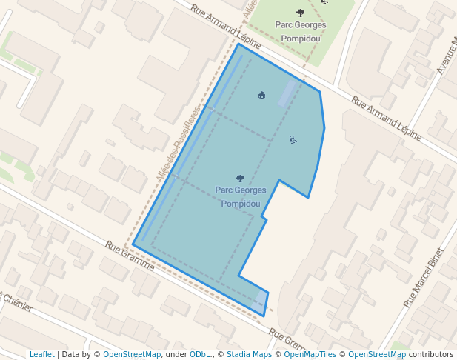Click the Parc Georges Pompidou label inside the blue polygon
(240, 196)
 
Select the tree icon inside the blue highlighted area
(239, 178)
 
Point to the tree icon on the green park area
(299, 12)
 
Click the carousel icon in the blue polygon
(261, 95)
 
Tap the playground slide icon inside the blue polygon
(293, 139)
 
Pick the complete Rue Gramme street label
(130, 255)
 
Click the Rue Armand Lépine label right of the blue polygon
(386, 119)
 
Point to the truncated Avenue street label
(447, 55)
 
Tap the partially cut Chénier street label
(16, 302)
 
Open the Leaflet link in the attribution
(41, 354)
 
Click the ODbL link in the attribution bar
(199, 354)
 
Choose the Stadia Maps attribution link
(249, 354)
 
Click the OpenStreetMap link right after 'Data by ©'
(132, 354)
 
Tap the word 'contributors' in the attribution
(431, 354)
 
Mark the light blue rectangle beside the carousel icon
(287, 93)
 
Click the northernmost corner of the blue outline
(238, 44)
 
